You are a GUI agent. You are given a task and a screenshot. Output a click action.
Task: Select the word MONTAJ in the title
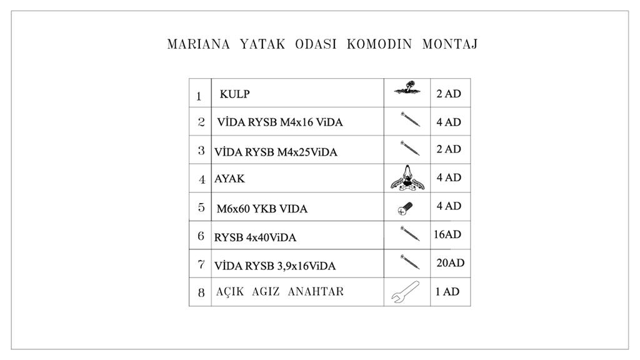point(450,45)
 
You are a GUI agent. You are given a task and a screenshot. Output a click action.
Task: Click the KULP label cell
point(235,94)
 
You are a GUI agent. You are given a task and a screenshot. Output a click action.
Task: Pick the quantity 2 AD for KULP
point(449,94)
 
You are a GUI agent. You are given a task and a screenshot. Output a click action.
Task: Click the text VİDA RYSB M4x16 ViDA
point(280,122)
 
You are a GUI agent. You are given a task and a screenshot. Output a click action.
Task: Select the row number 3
point(201,151)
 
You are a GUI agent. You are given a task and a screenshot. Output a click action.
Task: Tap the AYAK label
point(230,179)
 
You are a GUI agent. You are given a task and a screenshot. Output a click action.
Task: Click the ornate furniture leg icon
point(407,178)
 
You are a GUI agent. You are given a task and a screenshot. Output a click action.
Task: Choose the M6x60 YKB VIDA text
point(262,209)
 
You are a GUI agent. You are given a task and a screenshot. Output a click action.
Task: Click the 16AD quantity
point(447,235)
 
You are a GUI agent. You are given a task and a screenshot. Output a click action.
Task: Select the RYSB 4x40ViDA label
point(255,237)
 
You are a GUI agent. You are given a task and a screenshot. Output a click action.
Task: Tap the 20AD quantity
point(451,263)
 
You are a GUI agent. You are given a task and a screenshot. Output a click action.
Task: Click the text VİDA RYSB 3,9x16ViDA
point(275,266)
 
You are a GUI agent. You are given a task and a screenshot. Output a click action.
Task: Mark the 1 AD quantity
point(447,292)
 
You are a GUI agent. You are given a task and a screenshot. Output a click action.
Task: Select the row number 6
point(201,236)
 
